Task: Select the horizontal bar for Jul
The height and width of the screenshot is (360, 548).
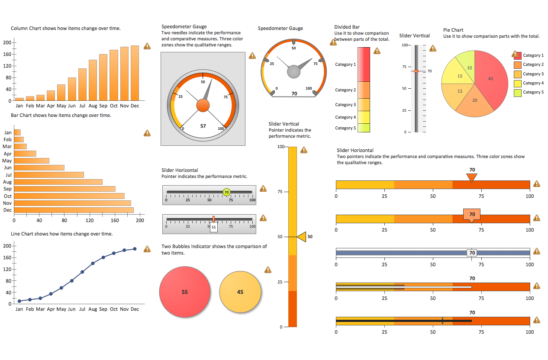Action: coord(49,175)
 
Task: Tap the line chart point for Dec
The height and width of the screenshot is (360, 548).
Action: coord(135,249)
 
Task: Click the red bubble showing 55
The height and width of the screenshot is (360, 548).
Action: coord(185,292)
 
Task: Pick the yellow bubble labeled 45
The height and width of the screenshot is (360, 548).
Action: coord(240,292)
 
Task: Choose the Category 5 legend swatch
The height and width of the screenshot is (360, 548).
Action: coord(518,93)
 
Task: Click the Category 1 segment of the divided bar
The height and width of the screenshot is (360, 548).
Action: coord(364,64)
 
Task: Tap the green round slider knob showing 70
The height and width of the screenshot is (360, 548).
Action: coord(226,192)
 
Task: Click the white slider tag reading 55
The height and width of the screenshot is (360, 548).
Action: coord(214,227)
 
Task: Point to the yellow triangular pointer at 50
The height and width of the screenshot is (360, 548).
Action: coord(301,237)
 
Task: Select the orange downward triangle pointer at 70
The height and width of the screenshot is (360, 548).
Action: coord(472,177)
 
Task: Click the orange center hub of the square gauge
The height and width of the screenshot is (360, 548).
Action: coord(203,105)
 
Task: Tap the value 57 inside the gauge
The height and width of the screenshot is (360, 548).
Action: coord(203,126)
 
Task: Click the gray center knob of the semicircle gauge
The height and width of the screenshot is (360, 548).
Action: coord(294,71)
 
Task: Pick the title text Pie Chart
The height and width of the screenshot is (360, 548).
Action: coord(453,30)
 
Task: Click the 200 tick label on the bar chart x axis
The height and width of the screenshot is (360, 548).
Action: coord(140,220)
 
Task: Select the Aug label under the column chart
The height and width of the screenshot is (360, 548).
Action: coord(93,106)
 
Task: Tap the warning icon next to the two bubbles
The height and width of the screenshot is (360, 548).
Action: coord(268,270)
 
